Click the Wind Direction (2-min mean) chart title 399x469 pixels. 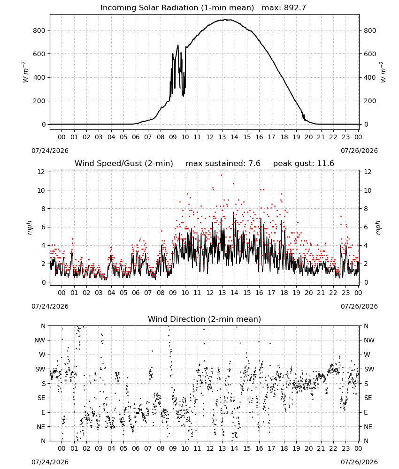[205, 319]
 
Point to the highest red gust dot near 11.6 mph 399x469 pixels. [221, 175]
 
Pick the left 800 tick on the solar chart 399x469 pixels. [39, 30]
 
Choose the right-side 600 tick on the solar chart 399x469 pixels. [370, 54]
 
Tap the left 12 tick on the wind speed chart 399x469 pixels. [41, 172]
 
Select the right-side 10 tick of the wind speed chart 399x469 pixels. [368, 190]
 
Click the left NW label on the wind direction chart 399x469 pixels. [40, 340]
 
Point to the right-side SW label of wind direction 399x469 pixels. [369, 370]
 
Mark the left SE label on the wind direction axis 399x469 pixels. [41, 398]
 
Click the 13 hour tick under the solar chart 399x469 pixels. [222, 137]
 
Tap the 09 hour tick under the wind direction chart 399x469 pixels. [173, 448]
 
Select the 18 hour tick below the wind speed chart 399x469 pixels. [284, 293]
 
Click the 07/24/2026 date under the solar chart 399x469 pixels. [50, 151]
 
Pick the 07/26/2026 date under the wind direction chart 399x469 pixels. [359, 462]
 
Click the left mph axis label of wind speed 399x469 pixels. [29, 227]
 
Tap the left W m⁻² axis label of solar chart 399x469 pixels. [25, 72]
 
